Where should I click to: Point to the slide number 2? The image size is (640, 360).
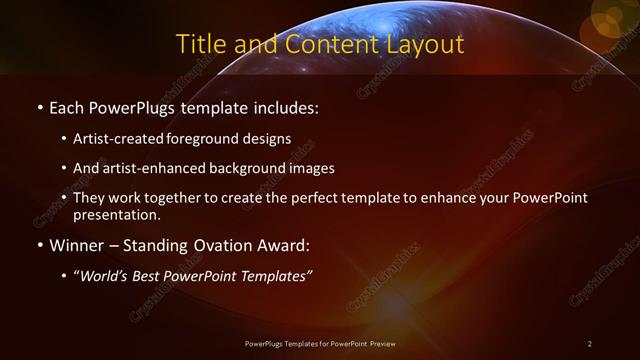[x=590, y=344]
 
